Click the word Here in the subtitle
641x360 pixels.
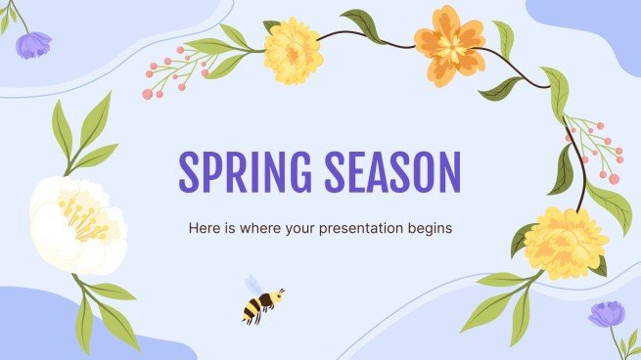[202, 229]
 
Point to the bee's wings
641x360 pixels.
[253, 286]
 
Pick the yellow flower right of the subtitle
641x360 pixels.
[564, 243]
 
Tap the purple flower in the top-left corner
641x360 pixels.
[36, 44]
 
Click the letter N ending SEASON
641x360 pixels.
[447, 173]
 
